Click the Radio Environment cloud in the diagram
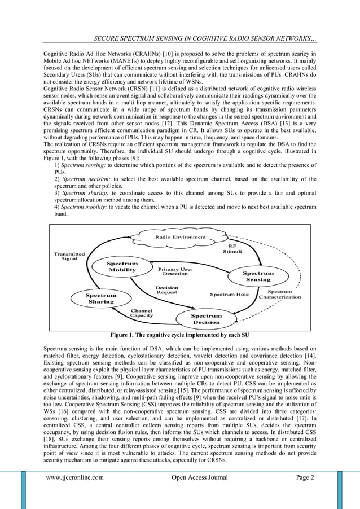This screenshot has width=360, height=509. pyautogui.click(x=181, y=237)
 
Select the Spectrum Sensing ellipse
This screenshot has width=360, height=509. pyautogui.click(x=258, y=277)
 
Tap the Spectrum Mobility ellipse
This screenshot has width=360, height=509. pyautogui.click(x=122, y=267)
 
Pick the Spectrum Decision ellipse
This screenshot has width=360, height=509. pyautogui.click(x=205, y=319)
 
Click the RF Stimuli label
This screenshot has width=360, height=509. pyautogui.click(x=232, y=249)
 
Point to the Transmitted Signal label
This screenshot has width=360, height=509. pyautogui.click(x=69, y=256)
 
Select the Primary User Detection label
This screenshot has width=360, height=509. pyautogui.click(x=175, y=272)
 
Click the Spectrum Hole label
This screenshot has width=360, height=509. pyautogui.click(x=229, y=295)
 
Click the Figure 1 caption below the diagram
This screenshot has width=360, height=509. pyautogui.click(x=180, y=334)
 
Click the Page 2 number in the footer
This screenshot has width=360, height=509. pyautogui.click(x=305, y=477)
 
